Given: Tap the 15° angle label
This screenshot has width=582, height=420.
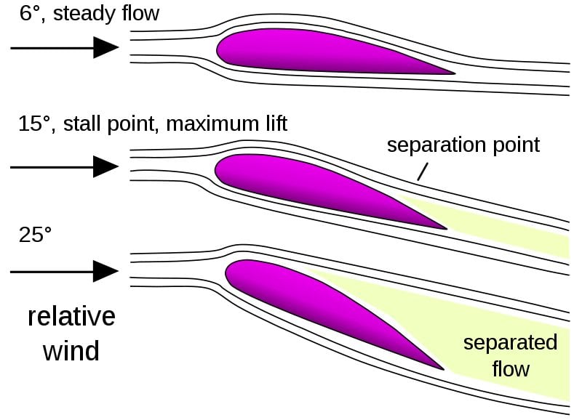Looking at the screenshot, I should (36, 124).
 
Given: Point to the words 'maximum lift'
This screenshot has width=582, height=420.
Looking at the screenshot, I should (227, 124).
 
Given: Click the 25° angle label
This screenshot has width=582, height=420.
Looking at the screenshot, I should (36, 235).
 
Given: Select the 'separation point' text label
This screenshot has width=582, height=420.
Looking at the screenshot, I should (463, 145).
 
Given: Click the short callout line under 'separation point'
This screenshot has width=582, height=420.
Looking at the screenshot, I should (422, 171).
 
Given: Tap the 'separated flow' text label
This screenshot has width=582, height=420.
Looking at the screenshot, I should (510, 355).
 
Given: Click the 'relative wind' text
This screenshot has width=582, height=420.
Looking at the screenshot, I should (71, 334).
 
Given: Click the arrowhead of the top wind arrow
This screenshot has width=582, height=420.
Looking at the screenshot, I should (106, 48).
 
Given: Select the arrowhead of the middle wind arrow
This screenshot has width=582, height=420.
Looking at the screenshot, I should (106, 167).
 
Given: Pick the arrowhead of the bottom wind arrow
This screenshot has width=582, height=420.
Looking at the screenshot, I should (106, 272).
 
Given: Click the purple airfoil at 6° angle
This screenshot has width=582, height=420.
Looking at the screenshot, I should (306, 51).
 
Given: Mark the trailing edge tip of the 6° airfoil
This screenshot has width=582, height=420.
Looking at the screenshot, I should (453, 73).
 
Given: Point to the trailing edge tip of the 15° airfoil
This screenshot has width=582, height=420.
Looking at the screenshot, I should (445, 228).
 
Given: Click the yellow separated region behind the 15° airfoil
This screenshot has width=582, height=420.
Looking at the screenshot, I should (509, 229).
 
